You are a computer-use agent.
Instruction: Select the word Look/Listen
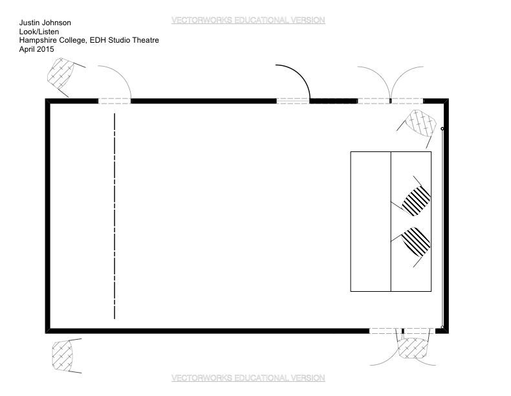click(39, 32)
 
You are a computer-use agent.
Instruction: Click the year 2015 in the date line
click(45, 49)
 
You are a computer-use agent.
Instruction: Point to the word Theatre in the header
click(146, 40)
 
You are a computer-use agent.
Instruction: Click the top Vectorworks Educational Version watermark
click(248, 20)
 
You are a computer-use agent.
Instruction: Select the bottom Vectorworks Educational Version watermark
click(248, 378)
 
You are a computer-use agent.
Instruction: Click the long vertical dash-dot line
click(114, 216)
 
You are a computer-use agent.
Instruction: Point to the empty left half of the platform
click(371, 221)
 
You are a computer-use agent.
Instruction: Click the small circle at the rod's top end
click(442, 129)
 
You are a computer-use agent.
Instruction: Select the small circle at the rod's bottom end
click(442, 327)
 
